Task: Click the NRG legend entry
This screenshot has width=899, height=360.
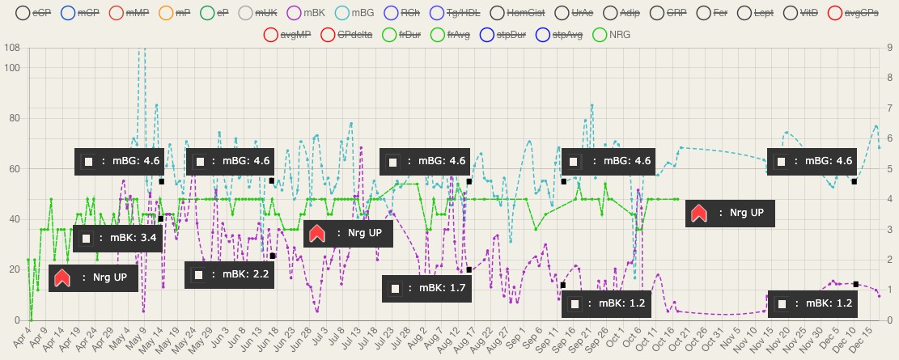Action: point(612,36)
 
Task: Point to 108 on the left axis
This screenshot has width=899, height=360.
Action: point(12,49)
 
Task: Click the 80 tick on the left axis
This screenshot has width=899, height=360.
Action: point(14,118)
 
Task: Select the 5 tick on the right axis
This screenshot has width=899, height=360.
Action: point(889,169)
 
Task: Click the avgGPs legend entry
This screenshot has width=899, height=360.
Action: point(853,14)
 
